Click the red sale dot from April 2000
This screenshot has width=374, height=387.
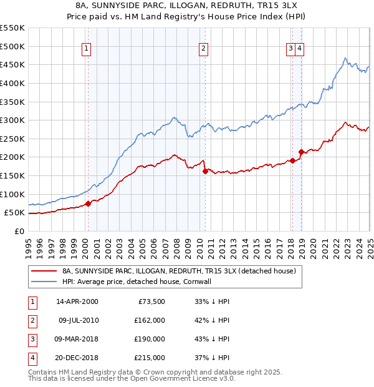pyautogui.click(x=88, y=203)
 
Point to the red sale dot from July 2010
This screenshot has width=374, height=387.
pyautogui.click(x=205, y=170)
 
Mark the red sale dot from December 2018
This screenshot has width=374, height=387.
pyautogui.click(x=301, y=151)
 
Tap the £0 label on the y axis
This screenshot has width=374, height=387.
pyautogui.click(x=19, y=232)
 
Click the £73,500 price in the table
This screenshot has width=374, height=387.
pyautogui.click(x=151, y=301)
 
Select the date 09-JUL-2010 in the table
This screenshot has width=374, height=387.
pyautogui.click(x=78, y=320)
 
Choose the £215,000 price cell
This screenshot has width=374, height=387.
pyautogui.click(x=150, y=358)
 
